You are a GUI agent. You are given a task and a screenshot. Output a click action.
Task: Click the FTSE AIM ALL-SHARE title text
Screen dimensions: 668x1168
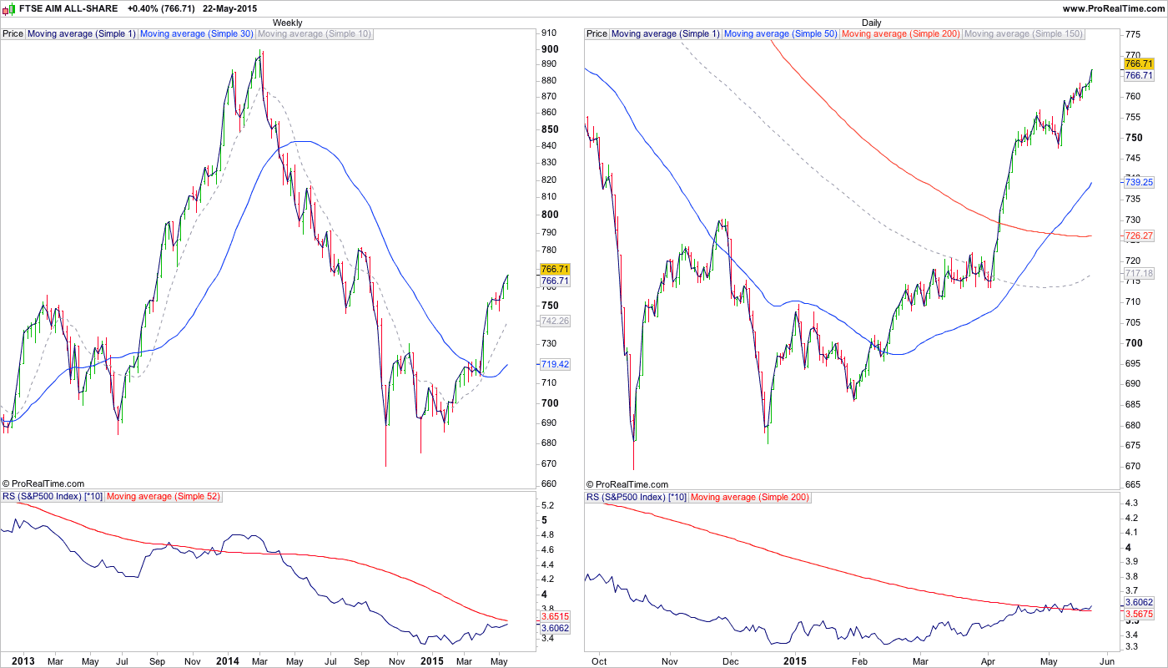[68, 8]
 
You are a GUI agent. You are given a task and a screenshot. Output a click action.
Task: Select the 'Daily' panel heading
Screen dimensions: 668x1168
[871, 23]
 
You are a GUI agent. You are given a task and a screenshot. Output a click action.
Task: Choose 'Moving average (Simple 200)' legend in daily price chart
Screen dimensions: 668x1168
[901, 34]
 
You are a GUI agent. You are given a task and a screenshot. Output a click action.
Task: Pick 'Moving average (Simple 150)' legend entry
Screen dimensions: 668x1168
[1023, 34]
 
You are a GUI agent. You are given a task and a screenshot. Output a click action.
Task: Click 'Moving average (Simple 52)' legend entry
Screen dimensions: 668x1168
[163, 497]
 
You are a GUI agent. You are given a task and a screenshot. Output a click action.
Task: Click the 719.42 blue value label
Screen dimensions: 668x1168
[555, 364]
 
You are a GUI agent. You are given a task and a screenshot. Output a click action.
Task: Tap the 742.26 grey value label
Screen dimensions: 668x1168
[555, 321]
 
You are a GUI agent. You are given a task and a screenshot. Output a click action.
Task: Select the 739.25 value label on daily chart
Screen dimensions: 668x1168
[1139, 182]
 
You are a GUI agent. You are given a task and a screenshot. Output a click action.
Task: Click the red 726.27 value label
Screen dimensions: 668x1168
[1139, 236]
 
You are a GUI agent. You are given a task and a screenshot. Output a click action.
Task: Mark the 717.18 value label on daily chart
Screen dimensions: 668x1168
[1139, 273]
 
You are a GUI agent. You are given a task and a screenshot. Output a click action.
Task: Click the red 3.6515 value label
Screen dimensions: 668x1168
[555, 616]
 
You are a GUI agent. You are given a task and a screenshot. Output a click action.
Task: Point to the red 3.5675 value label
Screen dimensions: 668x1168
[1139, 614]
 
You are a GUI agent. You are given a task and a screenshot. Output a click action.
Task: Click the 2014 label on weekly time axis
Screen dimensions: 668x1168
[227, 660]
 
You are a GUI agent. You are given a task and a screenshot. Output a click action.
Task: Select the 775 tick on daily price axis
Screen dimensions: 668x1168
[1133, 35]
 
